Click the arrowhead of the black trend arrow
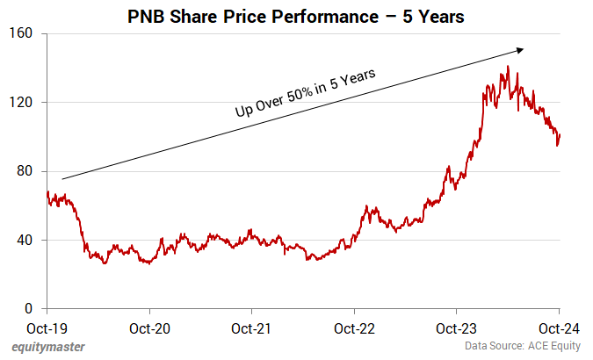tap(522, 50)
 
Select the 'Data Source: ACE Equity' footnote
tap(524, 347)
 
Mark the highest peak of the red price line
tap(508, 66)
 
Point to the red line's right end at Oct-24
tap(560, 134)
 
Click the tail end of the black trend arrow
tap(62, 179)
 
